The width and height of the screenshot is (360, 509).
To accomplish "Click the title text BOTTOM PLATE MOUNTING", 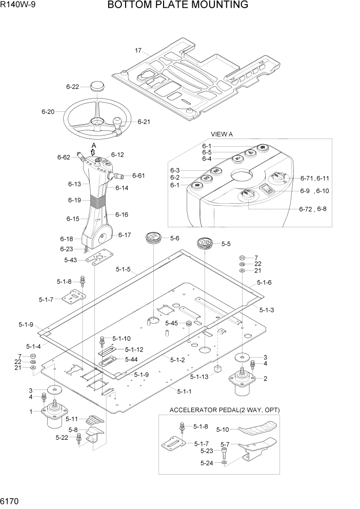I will pos(178,6).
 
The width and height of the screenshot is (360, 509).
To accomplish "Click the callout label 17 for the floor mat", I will pos(138,50).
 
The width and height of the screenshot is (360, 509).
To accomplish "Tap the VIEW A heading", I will pos(222,134).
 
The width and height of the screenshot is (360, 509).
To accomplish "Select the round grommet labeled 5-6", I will pos(153,238).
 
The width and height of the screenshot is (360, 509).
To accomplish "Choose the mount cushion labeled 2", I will pos(242,383).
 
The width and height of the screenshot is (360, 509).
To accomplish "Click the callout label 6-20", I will pos(48,111).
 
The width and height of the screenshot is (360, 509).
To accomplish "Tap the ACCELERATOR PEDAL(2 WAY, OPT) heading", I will pos(225,410).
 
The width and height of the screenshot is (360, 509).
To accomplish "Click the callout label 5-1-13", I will pos(198,377).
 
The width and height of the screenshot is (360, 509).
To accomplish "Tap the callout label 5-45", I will pos(171,323).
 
